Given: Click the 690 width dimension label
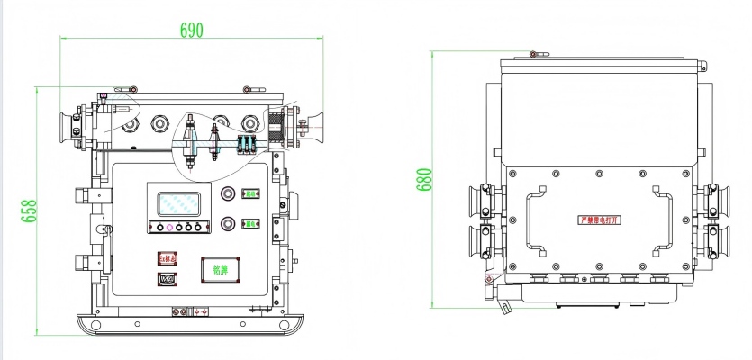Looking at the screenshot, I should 191,30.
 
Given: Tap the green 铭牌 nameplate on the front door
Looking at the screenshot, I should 220,269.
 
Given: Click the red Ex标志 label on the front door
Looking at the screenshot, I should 168,258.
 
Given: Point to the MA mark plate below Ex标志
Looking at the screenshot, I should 168,278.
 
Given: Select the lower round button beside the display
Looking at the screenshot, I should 228,223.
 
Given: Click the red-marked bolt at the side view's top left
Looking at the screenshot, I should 533,54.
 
